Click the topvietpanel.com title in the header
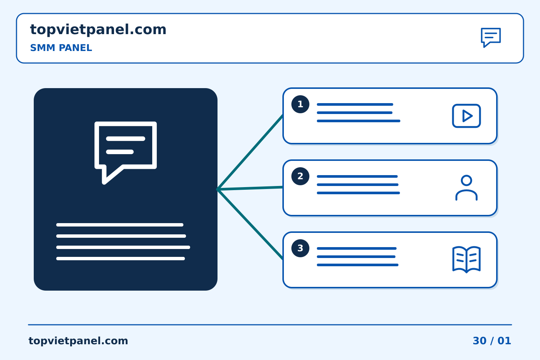click(x=98, y=30)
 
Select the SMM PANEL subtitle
click(x=61, y=48)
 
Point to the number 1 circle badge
click(x=300, y=104)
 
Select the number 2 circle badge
click(x=300, y=176)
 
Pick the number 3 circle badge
click(x=300, y=248)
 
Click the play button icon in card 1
click(x=466, y=116)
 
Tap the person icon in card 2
click(x=466, y=188)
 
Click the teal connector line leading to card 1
click(x=250, y=152)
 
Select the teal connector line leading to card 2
click(x=250, y=188)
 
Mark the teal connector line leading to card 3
click(x=250, y=225)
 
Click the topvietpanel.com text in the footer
click(x=78, y=341)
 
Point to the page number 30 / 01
click(x=492, y=341)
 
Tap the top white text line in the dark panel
click(x=120, y=225)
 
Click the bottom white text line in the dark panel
click(x=120, y=259)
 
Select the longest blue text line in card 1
click(x=358, y=121)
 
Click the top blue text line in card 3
click(x=357, y=248)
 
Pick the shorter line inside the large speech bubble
click(x=120, y=152)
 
